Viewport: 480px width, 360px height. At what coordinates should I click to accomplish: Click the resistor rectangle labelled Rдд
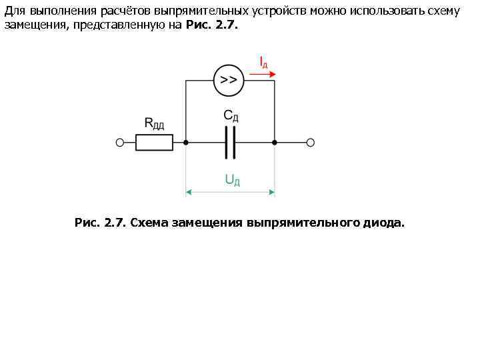pyautogui.click(x=154, y=142)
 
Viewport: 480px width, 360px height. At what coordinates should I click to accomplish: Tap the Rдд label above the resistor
pyautogui.click(x=155, y=123)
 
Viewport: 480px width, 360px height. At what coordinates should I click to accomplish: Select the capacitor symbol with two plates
pyautogui.click(x=230, y=142)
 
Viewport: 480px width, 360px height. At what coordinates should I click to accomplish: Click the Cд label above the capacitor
pyautogui.click(x=231, y=116)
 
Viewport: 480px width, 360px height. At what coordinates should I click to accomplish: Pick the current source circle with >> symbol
pyautogui.click(x=228, y=81)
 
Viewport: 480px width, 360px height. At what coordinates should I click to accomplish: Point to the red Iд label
pyautogui.click(x=263, y=63)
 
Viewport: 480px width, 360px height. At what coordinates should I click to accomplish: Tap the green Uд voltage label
pyautogui.click(x=232, y=180)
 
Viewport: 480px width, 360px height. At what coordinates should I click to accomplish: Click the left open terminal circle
pyautogui.click(x=120, y=142)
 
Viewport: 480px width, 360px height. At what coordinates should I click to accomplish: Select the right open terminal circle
pyautogui.click(x=310, y=142)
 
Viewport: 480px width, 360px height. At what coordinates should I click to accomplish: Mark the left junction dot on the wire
pyautogui.click(x=185, y=142)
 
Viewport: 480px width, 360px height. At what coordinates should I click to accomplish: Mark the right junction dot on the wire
pyautogui.click(x=275, y=142)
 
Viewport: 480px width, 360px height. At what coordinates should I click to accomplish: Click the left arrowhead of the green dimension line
pyautogui.click(x=189, y=192)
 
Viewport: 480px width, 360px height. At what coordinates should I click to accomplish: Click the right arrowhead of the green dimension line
pyautogui.click(x=271, y=192)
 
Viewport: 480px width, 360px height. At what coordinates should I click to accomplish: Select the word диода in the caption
pyautogui.click(x=383, y=222)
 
